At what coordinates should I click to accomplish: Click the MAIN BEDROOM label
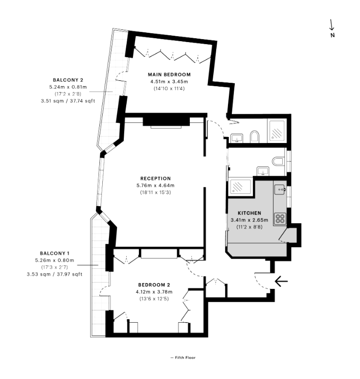[169, 74]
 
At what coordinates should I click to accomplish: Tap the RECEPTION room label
[155, 178]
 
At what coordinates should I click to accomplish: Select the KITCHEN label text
[249, 213]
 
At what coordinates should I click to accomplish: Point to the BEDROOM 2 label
[154, 285]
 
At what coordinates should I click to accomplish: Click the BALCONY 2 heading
[68, 79]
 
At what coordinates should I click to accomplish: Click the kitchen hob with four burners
[280, 218]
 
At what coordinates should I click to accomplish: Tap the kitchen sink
[280, 188]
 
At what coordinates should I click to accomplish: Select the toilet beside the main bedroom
[255, 136]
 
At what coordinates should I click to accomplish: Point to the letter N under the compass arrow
[333, 35]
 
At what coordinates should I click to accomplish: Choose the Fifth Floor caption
[183, 357]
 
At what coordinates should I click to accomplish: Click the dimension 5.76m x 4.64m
[155, 186]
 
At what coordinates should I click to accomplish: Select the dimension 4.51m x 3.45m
[169, 82]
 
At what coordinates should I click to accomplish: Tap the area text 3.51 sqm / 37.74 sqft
[68, 100]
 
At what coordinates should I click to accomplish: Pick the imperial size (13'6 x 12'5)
[154, 299]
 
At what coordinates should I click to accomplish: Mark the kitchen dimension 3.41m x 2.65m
[249, 220]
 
